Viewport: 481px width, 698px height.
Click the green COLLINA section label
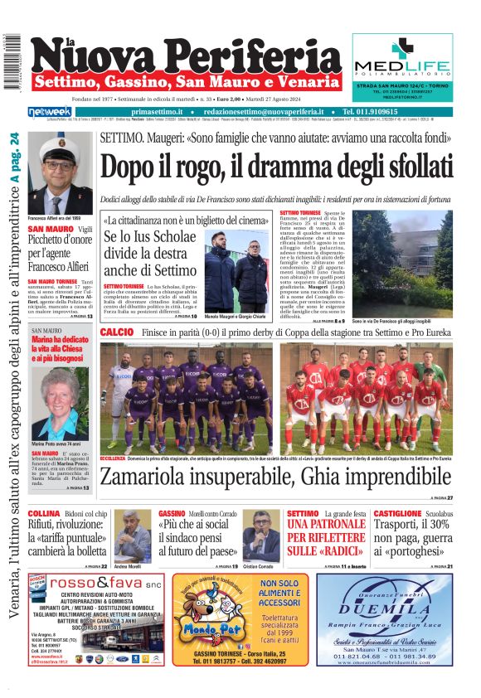pyautogui.click(x=43, y=514)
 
